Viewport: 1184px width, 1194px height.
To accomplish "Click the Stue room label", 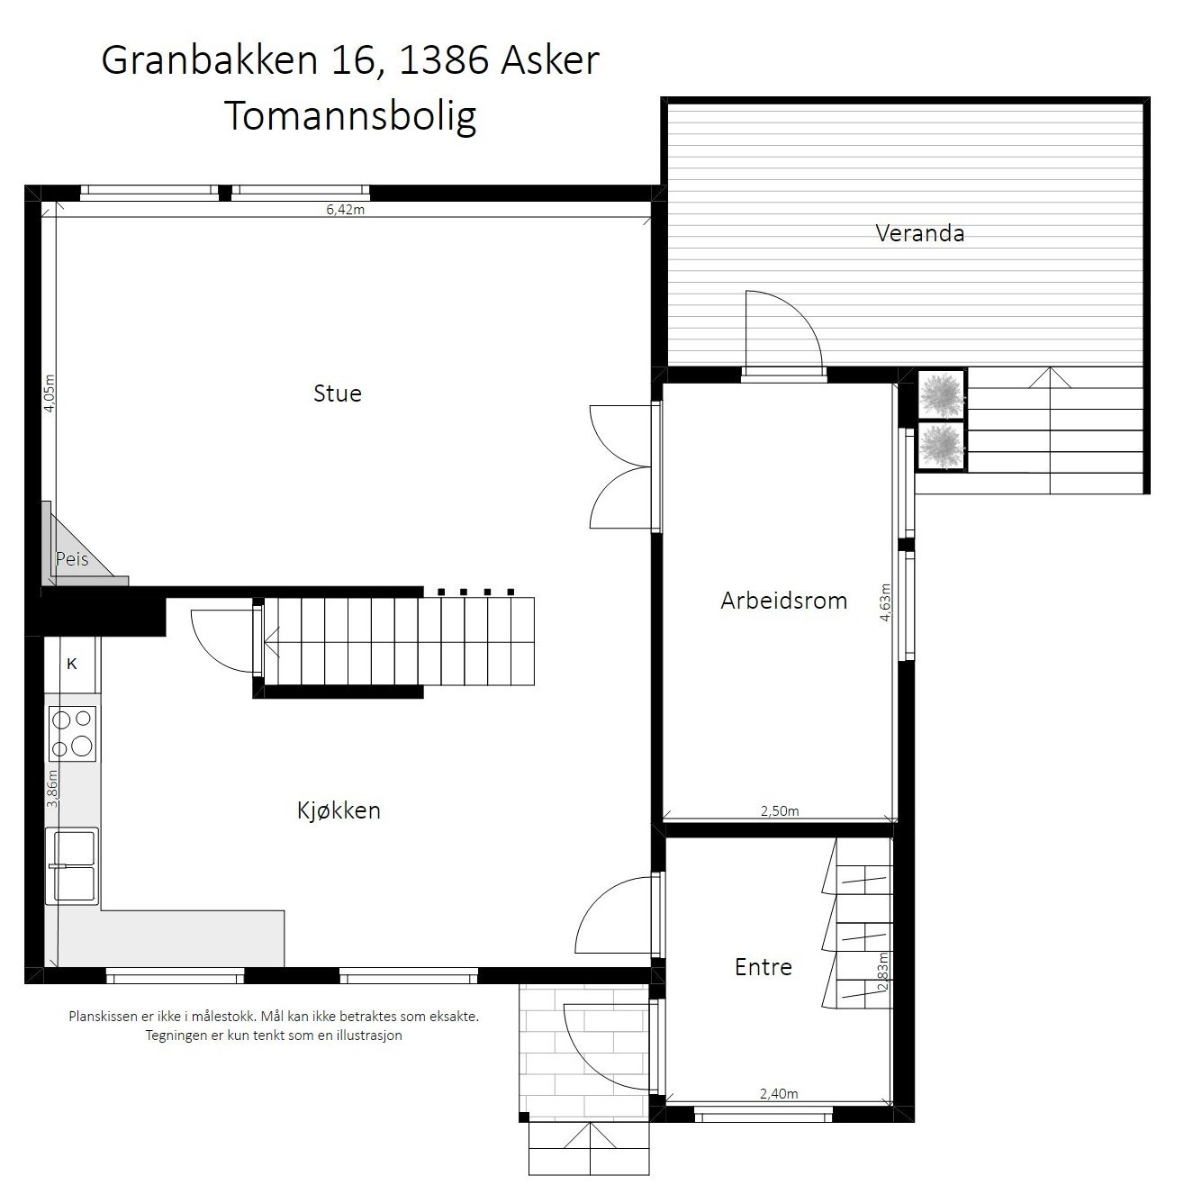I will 338,393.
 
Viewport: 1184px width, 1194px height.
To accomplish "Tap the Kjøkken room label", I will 339,810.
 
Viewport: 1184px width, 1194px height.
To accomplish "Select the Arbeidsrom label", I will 783,601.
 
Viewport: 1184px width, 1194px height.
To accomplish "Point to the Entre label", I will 764,967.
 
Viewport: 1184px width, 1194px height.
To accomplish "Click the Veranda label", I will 919,233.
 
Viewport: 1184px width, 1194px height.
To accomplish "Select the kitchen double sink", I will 73,864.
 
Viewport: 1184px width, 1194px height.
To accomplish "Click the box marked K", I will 72,665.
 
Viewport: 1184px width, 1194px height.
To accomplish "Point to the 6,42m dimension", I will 345,210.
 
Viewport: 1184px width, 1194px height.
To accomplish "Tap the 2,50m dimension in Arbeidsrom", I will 780,810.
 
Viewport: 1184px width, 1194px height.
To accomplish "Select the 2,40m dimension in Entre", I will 779,1094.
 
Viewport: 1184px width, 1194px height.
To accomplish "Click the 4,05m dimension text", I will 50,393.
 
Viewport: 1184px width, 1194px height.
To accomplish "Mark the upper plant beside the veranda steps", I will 942,394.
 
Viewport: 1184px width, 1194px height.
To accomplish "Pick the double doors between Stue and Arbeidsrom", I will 621,466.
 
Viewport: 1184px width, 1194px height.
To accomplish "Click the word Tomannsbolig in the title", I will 350,115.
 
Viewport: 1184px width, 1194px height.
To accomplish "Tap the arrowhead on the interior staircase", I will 271,642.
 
